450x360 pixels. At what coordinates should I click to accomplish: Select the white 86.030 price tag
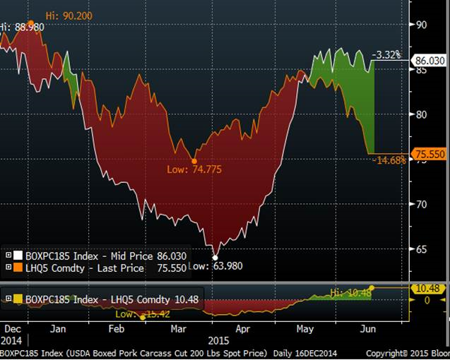coord(430,61)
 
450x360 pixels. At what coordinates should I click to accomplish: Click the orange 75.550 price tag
coord(430,153)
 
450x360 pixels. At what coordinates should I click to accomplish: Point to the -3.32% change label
coord(386,54)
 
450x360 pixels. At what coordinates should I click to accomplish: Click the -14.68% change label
coord(388,161)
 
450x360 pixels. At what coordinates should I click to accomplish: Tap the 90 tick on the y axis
coord(421,24)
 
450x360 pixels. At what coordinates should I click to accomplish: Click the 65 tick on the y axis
coord(421,249)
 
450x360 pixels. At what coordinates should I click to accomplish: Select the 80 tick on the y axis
coord(421,114)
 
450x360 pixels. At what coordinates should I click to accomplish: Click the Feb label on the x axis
coord(117,329)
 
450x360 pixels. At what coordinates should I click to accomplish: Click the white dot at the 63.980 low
coord(215,257)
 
